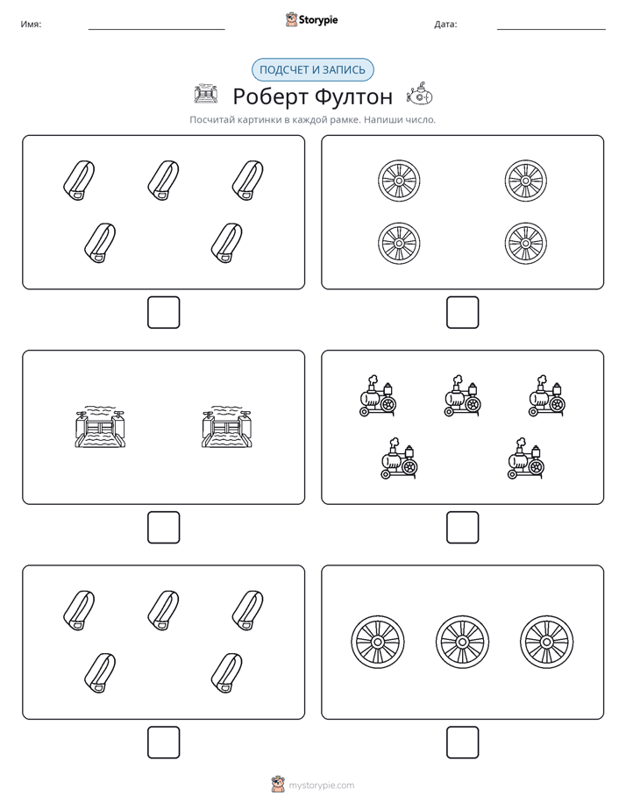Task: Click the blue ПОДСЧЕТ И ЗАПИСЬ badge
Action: click(312, 70)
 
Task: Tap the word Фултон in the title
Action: click(353, 96)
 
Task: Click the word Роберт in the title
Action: click(270, 97)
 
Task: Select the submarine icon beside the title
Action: click(419, 94)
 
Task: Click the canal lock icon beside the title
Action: click(206, 94)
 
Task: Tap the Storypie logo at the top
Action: click(311, 19)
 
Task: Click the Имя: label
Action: click(31, 25)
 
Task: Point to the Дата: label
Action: click(445, 25)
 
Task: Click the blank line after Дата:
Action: click(551, 30)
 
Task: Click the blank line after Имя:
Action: click(156, 30)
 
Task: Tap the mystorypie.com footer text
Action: click(321, 785)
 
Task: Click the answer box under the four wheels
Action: click(462, 313)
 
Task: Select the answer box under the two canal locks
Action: click(163, 528)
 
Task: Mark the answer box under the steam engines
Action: click(462, 528)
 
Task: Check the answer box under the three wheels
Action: click(462, 742)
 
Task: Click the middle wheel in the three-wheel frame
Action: click(462, 642)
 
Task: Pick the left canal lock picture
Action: click(100, 427)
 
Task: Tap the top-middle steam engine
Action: click(463, 395)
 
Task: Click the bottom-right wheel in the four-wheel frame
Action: click(526, 243)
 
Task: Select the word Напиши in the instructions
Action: click(381, 120)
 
